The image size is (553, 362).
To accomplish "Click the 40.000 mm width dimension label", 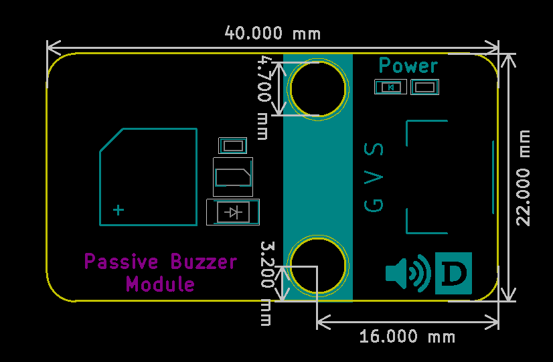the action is click(272, 33).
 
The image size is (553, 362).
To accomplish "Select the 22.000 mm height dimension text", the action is click(523, 178).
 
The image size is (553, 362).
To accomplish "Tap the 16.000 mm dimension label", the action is click(407, 337).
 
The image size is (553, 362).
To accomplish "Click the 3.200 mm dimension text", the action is click(266, 284).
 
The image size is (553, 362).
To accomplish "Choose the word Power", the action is click(408, 66).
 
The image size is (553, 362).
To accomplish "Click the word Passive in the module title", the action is click(121, 262).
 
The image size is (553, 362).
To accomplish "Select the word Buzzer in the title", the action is click(204, 262).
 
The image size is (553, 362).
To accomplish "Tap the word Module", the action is click(160, 284).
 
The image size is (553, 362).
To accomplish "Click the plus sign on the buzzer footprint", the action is click(118, 210).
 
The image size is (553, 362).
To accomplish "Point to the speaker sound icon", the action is click(408, 273).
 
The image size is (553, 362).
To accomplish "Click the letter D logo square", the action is click(453, 273).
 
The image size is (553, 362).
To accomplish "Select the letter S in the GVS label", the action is click(374, 149).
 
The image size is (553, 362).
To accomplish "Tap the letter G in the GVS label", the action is click(374, 205).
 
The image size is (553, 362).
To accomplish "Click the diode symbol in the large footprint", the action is click(233, 213).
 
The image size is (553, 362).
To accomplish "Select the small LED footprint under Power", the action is click(390, 87).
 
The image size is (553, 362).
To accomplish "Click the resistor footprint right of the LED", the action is click(424, 87).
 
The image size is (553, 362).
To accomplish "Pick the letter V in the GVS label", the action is click(374, 177).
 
